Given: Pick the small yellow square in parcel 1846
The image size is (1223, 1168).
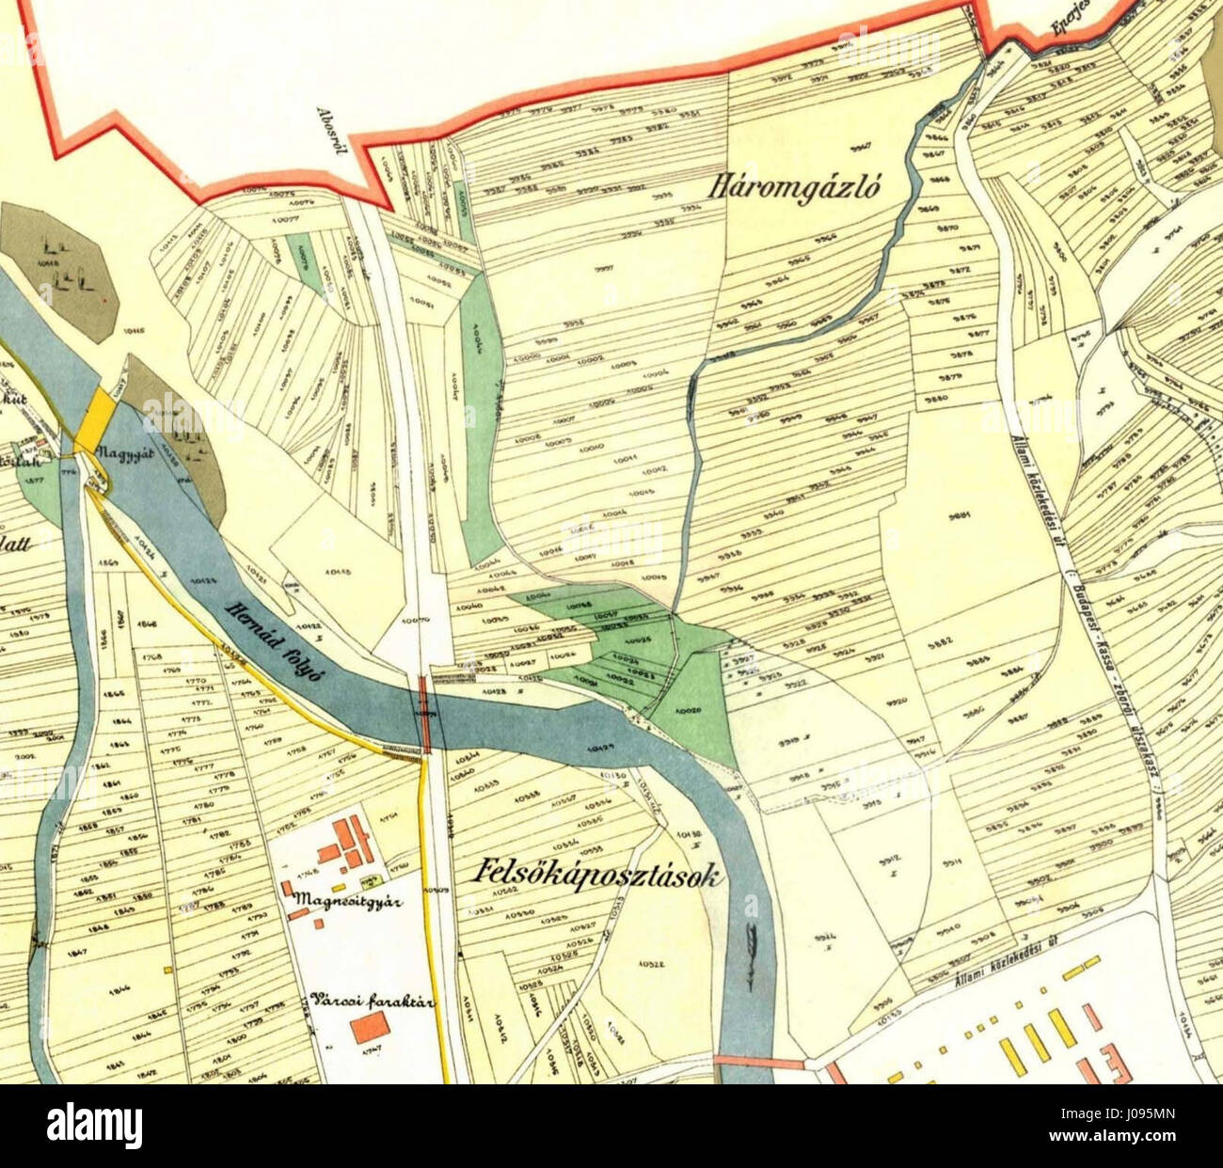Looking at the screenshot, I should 167,968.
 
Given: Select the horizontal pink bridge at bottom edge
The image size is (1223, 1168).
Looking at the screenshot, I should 759,1063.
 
